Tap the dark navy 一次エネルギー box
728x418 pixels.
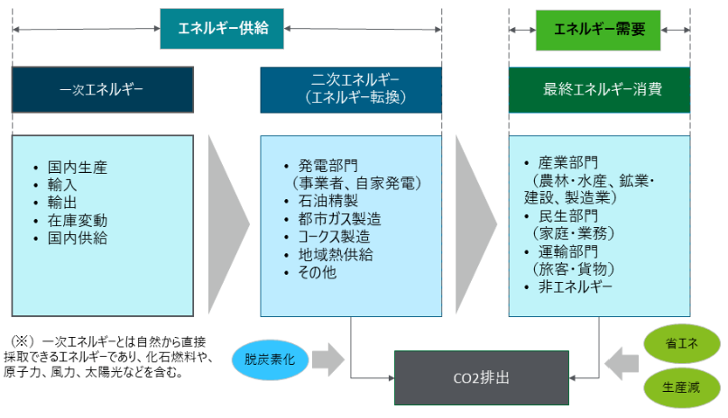103,89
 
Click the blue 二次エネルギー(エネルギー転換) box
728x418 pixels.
351,89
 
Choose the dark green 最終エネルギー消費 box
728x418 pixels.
599,89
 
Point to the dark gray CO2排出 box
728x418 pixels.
483,377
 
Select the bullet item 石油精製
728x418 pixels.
324,202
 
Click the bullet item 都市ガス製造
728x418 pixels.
339,219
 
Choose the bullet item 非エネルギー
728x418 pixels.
576,286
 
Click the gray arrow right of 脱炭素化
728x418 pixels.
329,359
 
